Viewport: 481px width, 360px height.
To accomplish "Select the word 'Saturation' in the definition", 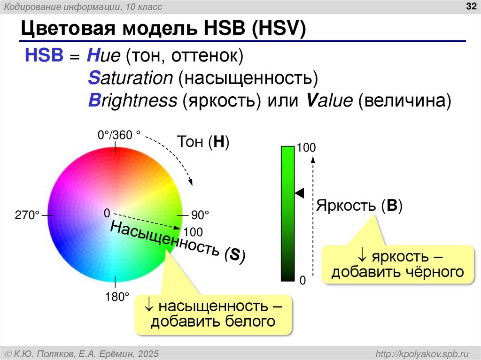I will [130, 78].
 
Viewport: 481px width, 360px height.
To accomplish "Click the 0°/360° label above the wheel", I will [119, 135].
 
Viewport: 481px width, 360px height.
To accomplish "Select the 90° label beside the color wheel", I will [200, 215].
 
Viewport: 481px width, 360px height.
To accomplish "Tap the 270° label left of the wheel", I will [27, 215].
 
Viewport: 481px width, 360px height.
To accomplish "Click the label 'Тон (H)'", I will [203, 142].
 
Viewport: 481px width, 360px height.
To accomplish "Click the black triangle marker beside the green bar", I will [299, 192].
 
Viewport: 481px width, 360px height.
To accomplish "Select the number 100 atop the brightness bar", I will [306, 148].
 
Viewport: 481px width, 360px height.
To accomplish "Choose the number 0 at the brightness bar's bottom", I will [303, 280].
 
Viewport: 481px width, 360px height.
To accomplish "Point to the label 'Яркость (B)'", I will [359, 206].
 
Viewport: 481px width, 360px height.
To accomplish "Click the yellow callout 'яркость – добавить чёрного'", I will [397, 264].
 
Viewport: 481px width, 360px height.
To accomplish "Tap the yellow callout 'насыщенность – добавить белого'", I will [213, 314].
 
